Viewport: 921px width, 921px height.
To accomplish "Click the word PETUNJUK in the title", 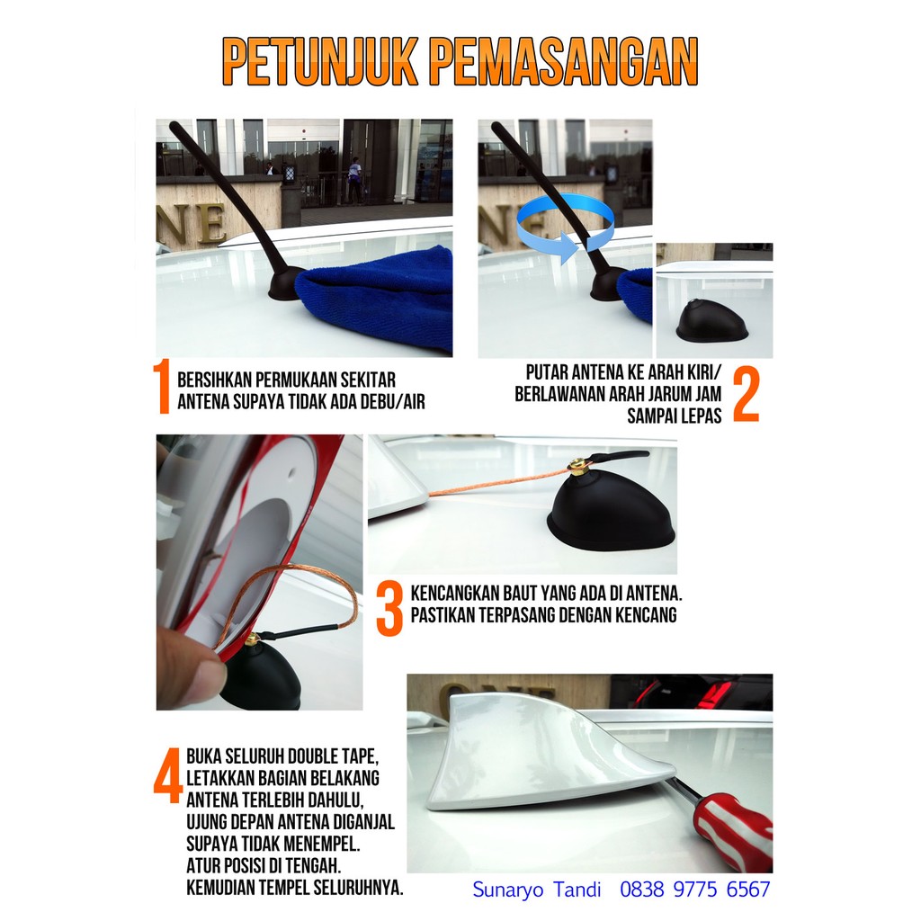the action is pos(319,62).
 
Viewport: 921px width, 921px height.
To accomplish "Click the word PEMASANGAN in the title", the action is pos(565,62).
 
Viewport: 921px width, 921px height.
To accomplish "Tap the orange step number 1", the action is pos(161,386).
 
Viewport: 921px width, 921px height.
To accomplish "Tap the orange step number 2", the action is pos(746,395).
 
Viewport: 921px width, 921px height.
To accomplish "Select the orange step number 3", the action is pos(389,609).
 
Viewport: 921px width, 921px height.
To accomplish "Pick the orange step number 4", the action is pos(168,774).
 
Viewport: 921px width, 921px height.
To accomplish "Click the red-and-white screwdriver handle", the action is pos(734,829).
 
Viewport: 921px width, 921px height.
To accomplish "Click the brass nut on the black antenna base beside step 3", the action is pos(577,469).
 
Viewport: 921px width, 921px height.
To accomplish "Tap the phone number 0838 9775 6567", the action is pos(695,890).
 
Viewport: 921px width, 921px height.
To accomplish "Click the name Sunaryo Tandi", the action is pos(537,890).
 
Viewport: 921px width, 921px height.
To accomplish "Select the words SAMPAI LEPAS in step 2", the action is pos(675,416).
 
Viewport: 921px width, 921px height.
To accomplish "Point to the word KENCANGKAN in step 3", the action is pos(459,593).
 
